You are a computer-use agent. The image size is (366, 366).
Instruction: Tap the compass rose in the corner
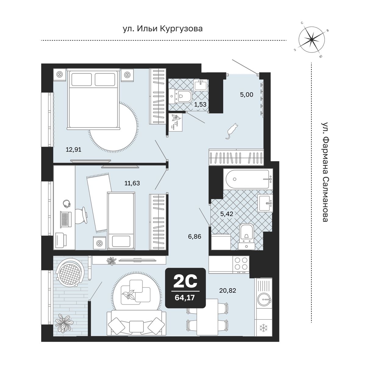click(311, 40)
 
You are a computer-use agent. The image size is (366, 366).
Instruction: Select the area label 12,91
click(74, 150)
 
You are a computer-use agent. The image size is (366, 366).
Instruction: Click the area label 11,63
click(132, 183)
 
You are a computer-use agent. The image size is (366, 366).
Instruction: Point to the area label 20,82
click(228, 290)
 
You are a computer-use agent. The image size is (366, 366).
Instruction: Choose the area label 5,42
click(227, 214)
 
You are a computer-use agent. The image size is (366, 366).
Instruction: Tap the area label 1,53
click(200, 104)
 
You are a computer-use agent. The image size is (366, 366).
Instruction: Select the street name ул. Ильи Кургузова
click(163, 29)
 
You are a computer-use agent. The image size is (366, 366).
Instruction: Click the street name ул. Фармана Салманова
click(325, 172)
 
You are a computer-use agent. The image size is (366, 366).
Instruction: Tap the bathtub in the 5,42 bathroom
click(248, 179)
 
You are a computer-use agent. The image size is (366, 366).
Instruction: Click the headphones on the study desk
click(66, 204)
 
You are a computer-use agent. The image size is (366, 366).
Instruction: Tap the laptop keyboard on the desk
click(66, 219)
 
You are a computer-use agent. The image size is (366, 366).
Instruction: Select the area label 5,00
click(246, 95)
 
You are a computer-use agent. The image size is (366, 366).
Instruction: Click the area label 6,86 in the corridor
click(195, 236)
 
